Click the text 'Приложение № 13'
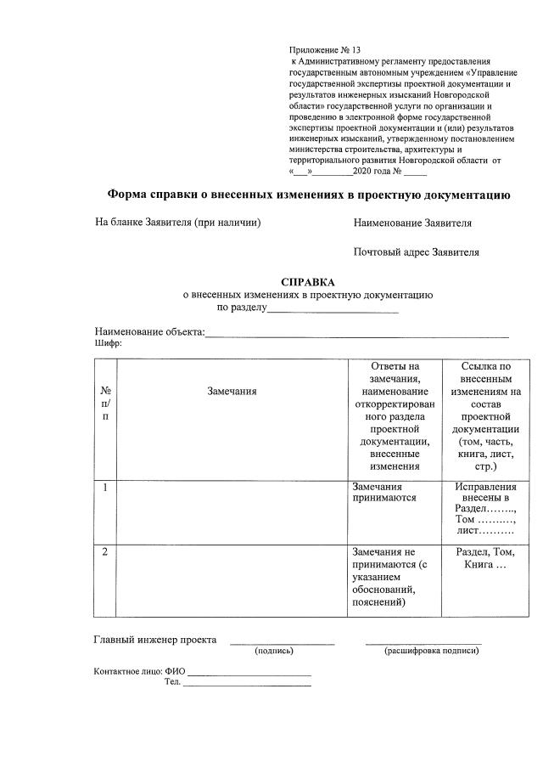pos(319,51)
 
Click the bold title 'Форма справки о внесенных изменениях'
pos(309,195)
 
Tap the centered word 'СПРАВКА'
pos(308,282)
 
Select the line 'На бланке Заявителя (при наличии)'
pos(177,223)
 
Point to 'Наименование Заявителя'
pos(412,223)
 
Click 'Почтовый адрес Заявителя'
pos(416,252)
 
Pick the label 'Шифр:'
pos(108,344)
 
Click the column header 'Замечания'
pos(232,391)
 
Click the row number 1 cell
pos(104,488)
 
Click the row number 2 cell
pos(104,552)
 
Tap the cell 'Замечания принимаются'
pos(383,493)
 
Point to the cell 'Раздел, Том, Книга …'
pos(485,558)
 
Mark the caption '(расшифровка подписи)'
pos(431,651)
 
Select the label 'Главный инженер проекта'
pos(154,640)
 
